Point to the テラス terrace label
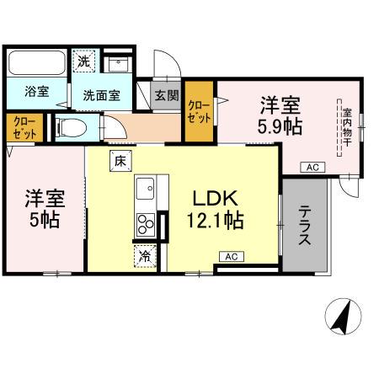tap(305, 225)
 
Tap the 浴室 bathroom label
tap(36, 91)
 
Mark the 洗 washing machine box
tap(83, 61)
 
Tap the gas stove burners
tap(145, 225)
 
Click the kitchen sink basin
tap(142, 186)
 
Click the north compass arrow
tap(343, 318)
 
